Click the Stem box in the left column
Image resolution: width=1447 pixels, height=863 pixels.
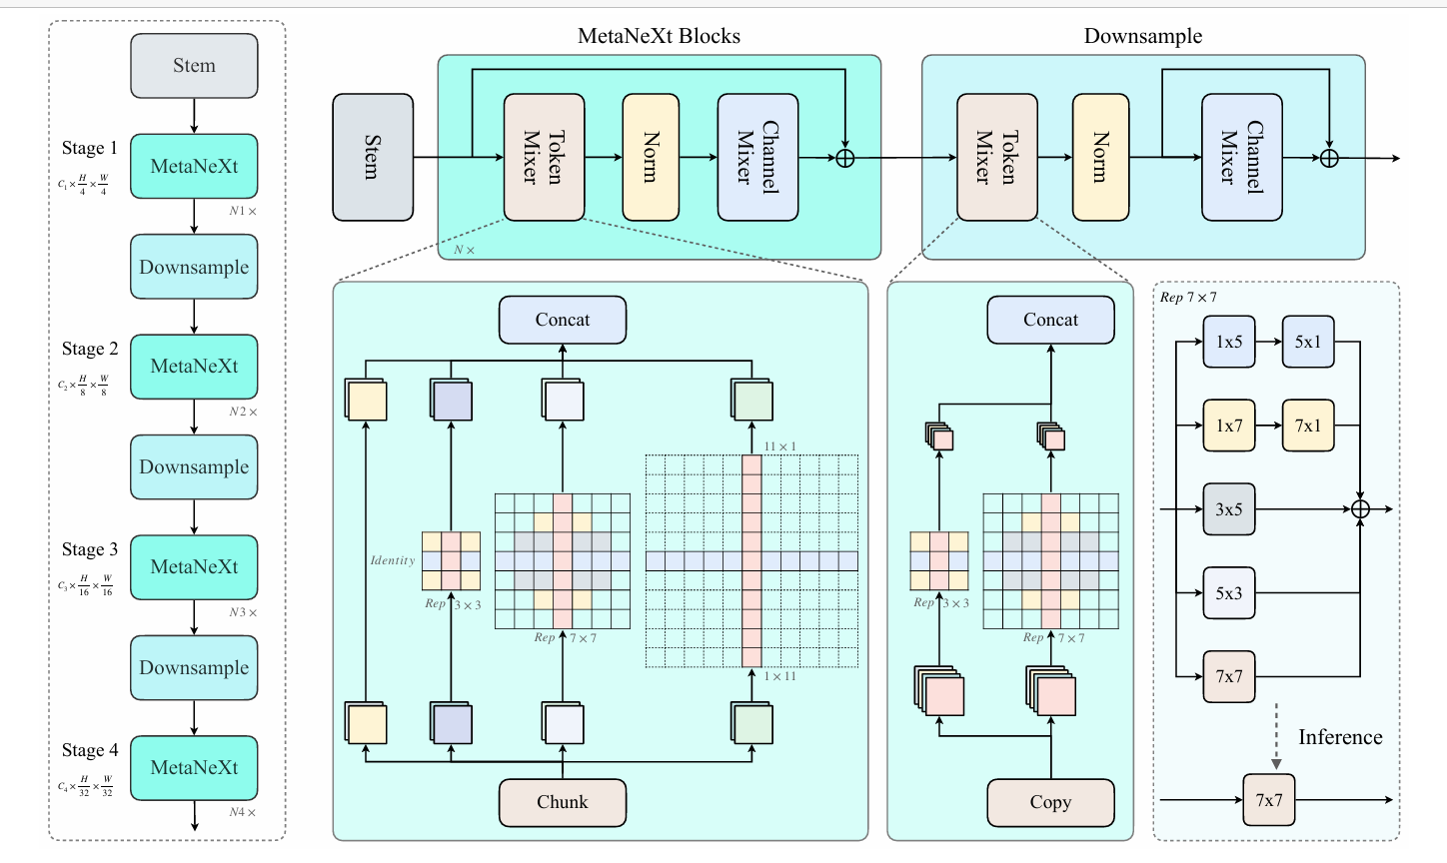[194, 66]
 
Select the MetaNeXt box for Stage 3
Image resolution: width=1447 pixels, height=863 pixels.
[194, 567]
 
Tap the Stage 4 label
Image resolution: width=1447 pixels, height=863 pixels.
[90, 750]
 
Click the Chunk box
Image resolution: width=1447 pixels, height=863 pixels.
[563, 802]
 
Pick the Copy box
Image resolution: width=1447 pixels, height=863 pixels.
[1050, 802]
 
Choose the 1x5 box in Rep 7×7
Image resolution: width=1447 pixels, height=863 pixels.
[1228, 342]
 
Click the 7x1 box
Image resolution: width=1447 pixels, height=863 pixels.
[1307, 426]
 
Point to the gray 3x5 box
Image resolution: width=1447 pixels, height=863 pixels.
[1228, 509]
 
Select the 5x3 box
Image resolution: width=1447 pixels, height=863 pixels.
[1228, 593]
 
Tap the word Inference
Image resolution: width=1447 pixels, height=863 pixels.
[1340, 737]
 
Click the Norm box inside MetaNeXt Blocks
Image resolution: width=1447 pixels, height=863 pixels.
[651, 157]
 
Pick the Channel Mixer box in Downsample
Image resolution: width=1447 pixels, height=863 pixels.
[1241, 157]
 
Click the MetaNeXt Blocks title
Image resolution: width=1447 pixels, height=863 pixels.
[659, 37]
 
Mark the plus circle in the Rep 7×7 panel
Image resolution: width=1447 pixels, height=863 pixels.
[1360, 509]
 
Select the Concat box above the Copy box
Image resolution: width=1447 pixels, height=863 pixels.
[1050, 320]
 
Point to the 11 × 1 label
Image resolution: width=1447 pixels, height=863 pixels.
[780, 446]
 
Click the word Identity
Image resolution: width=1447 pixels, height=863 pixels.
[393, 560]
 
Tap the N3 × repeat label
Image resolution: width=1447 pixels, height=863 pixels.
[243, 612]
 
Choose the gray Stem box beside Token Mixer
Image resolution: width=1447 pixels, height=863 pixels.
[373, 157]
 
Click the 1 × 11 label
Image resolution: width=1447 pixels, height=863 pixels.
[780, 676]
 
